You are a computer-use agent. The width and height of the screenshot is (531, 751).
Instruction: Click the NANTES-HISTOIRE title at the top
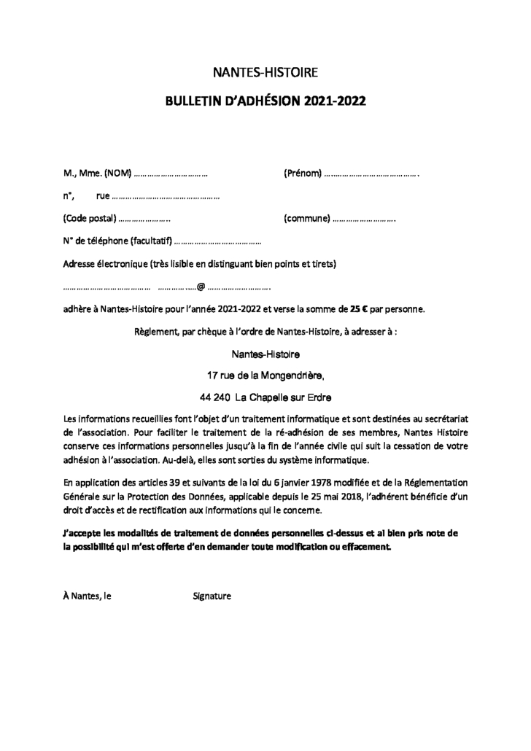(x=265, y=72)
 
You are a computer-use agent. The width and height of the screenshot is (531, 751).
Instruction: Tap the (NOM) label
(x=117, y=174)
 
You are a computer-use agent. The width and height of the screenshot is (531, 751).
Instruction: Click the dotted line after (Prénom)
(x=372, y=174)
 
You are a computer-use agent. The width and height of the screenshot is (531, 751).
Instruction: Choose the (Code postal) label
(x=90, y=218)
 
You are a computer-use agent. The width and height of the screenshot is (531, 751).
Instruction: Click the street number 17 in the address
(x=214, y=376)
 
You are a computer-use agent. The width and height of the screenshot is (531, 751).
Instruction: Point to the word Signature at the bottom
(x=212, y=596)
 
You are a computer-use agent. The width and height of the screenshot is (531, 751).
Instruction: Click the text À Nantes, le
(x=88, y=596)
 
